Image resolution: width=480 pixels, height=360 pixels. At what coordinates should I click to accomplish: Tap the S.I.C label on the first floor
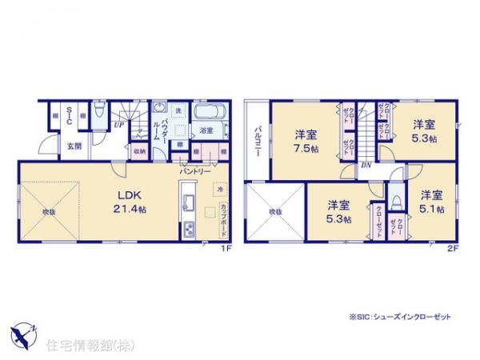70,116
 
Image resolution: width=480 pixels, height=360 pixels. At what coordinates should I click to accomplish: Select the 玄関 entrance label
74,146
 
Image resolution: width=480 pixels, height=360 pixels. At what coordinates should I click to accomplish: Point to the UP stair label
118,126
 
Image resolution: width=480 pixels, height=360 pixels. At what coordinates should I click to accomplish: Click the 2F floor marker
452,250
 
